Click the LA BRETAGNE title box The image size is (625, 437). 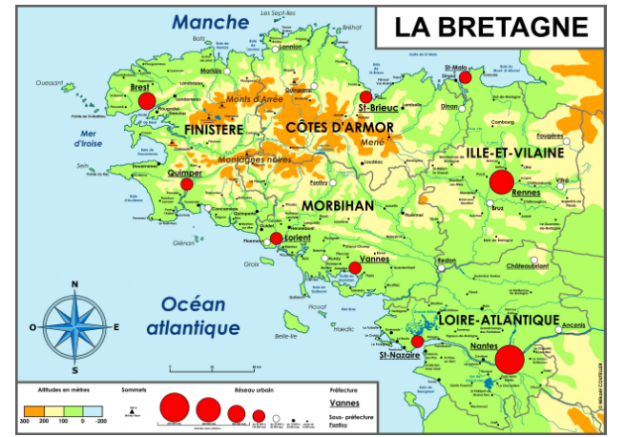coord(492,26)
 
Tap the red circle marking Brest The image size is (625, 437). coord(146,100)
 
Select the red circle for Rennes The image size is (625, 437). coord(502,181)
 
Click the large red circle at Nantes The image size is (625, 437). coord(510,360)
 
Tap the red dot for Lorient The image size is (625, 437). coord(276,239)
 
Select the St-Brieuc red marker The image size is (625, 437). coord(365,96)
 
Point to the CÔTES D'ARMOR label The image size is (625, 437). coord(333,126)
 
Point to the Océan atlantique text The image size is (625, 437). coord(193,316)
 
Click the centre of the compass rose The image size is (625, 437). coord(74,326)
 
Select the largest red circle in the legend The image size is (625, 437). coord(174,407)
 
